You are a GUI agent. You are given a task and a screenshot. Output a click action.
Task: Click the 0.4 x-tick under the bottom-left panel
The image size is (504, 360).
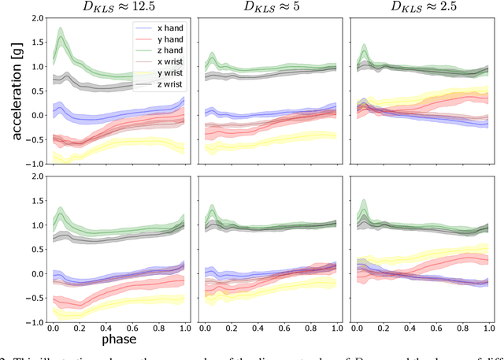(107, 330)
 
